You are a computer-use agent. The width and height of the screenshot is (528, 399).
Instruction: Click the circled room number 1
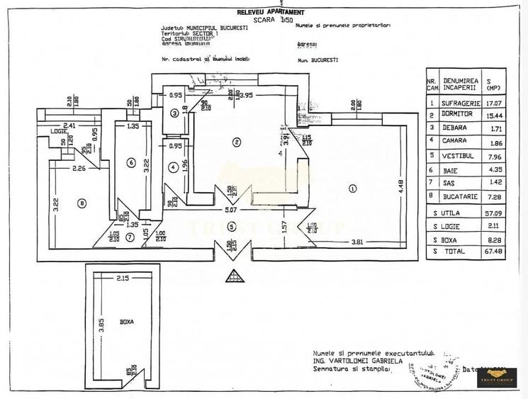point(352,189)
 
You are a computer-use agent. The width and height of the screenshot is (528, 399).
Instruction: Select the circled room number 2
point(237,142)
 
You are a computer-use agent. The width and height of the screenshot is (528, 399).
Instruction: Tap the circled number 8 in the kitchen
point(82,203)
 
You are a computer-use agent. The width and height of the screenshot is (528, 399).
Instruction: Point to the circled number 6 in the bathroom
point(130,162)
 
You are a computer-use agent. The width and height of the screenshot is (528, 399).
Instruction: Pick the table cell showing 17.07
point(490,103)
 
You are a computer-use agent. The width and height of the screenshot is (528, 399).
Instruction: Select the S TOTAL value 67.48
point(490,250)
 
